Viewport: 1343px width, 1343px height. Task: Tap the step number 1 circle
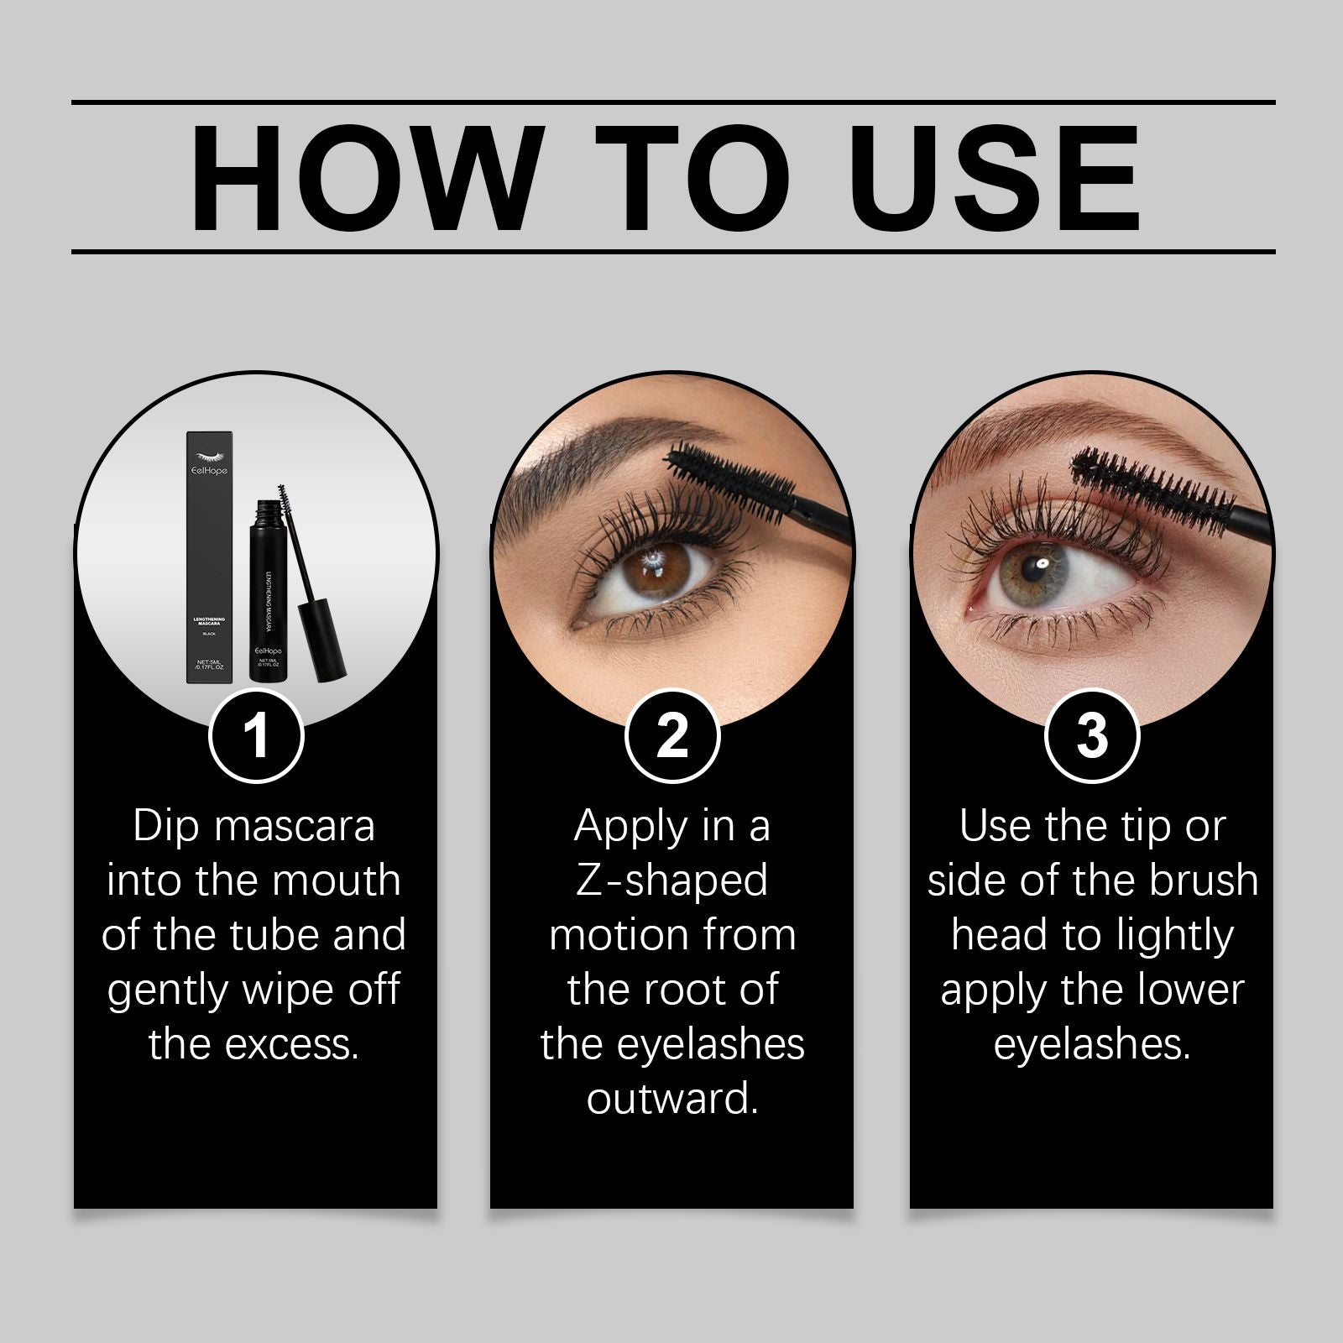tap(255, 735)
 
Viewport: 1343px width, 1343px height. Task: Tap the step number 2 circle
tap(672, 735)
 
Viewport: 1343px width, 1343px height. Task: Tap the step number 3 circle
tap(1091, 735)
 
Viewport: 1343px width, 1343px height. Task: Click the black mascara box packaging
tap(208, 558)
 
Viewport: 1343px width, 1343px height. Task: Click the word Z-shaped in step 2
tap(671, 881)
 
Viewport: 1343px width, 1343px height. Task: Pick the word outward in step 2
tap(672, 1099)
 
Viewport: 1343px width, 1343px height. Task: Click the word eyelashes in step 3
tap(1091, 1045)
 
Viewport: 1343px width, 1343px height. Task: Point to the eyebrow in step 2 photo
tap(579, 453)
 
